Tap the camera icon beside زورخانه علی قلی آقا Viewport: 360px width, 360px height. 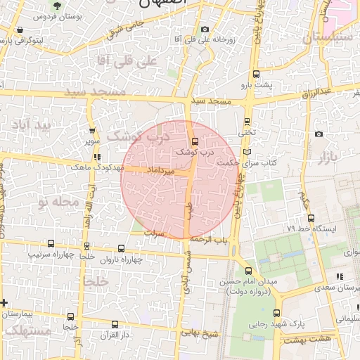(x=205, y=29)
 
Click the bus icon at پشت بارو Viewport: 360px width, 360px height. (x=255, y=74)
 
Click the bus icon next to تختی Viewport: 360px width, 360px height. (x=247, y=120)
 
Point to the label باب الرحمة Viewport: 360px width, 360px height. (x=212, y=240)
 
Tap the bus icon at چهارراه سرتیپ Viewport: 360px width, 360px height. (x=51, y=243)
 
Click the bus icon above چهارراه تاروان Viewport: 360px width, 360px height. (x=121, y=248)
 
